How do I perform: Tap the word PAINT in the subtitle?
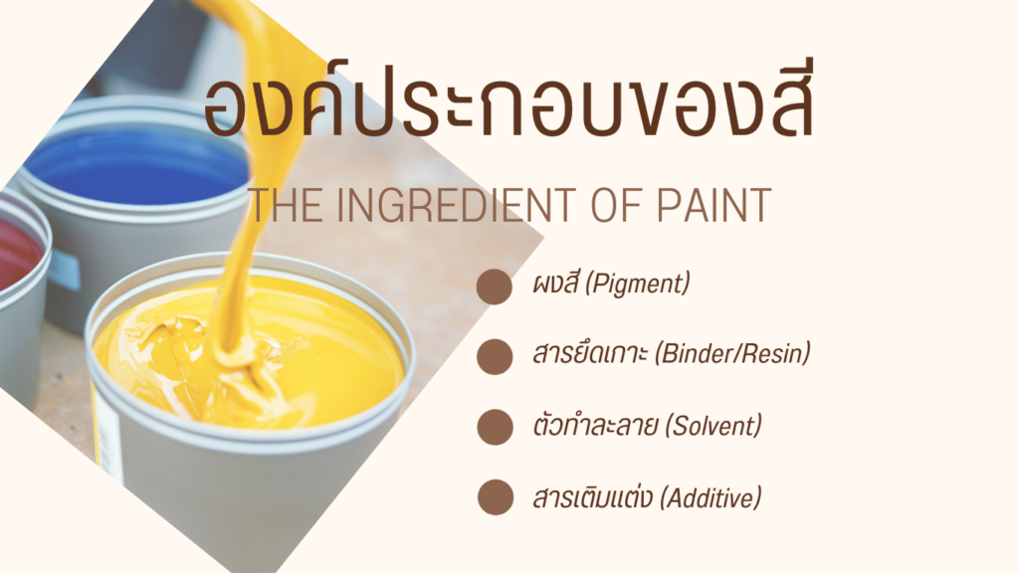pyautogui.click(x=713, y=205)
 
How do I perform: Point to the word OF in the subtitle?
pyautogui.click(x=615, y=205)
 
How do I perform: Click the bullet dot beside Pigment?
pyautogui.click(x=495, y=286)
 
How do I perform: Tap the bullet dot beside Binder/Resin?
pyautogui.click(x=495, y=357)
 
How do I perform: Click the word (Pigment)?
pyautogui.click(x=638, y=284)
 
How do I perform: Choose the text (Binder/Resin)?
pyautogui.click(x=733, y=354)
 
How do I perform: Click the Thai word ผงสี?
pyautogui.click(x=555, y=283)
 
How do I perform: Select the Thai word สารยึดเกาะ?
pyautogui.click(x=589, y=353)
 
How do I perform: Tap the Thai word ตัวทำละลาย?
pyautogui.click(x=596, y=426)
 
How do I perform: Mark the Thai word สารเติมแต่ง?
pyautogui.click(x=592, y=497)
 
